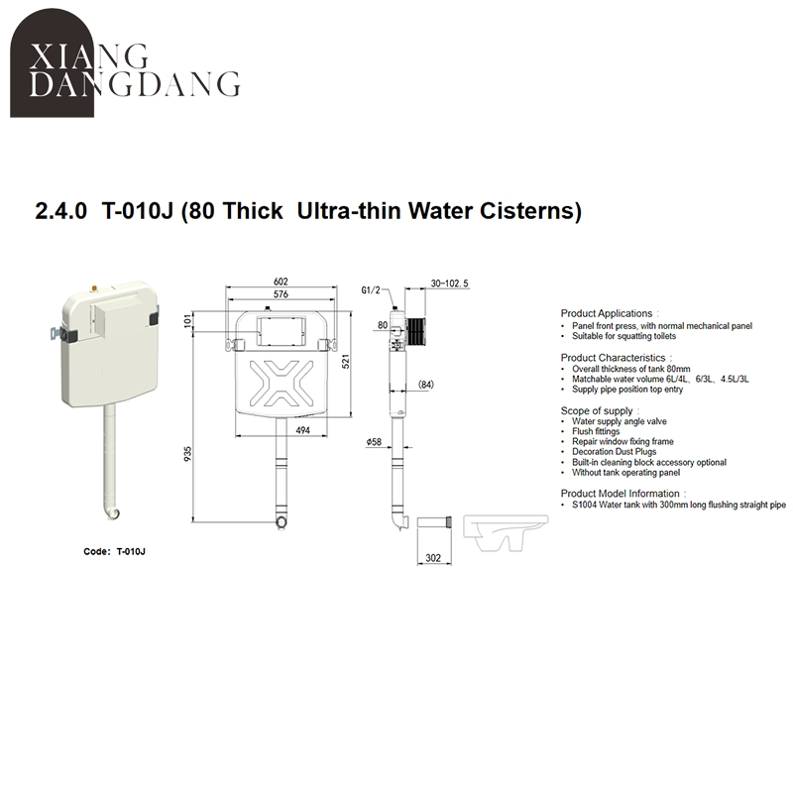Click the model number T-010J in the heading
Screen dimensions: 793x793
tap(138, 211)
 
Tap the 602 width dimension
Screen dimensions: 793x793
tap(282, 283)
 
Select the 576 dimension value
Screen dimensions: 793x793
tap(282, 295)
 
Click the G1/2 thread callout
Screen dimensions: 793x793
tap(371, 290)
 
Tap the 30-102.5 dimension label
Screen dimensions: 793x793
tap(449, 283)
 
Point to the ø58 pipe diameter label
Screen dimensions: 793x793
tap(374, 441)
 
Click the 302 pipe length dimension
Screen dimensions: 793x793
tap(433, 558)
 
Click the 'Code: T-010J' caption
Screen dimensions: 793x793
tap(122, 551)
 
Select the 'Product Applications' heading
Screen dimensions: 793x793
tap(607, 313)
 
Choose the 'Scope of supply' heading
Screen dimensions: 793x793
tap(596, 410)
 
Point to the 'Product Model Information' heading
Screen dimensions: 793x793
tap(621, 494)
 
